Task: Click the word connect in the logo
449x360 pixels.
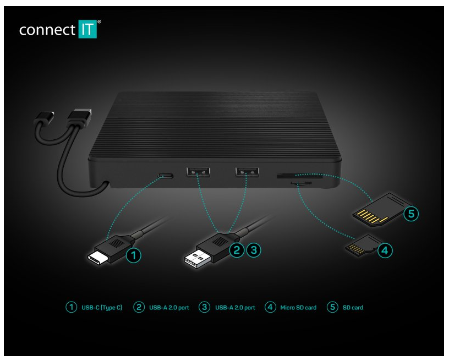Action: [x=46, y=30]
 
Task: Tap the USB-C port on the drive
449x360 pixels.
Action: [x=165, y=176]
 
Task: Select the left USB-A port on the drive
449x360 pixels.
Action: [x=198, y=172]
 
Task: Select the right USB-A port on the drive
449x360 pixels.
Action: [x=247, y=172]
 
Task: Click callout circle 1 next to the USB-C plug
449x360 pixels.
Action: [x=133, y=254]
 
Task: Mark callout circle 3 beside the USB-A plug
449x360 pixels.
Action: [x=253, y=249]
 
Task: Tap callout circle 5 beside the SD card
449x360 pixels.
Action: [x=410, y=214]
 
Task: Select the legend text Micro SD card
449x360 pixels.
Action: [x=299, y=308]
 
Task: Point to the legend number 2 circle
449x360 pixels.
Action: [x=139, y=307]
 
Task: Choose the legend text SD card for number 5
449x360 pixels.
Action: [x=353, y=308]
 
